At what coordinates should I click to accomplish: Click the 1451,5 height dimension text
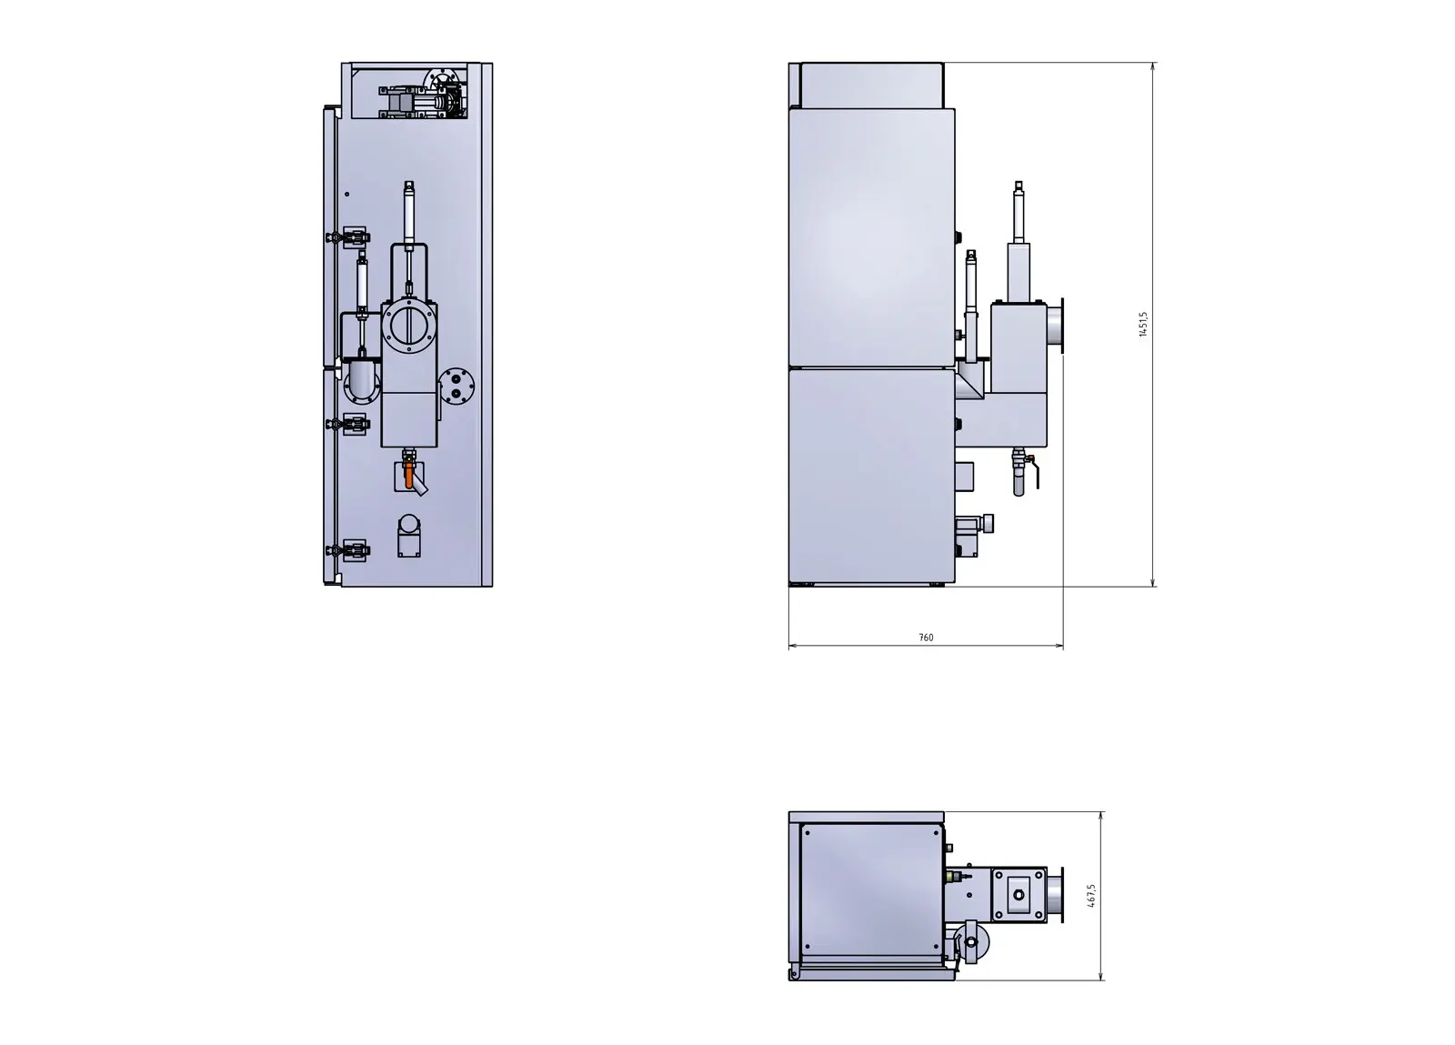(1143, 324)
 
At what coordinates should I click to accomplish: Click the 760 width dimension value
(927, 638)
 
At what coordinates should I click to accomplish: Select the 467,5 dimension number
(1090, 896)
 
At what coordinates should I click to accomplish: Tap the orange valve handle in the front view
(408, 475)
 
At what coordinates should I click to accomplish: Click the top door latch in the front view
(348, 237)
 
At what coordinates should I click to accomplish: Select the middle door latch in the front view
(348, 424)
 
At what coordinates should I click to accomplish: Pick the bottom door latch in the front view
(348, 551)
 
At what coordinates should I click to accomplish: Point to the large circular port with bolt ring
(409, 326)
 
